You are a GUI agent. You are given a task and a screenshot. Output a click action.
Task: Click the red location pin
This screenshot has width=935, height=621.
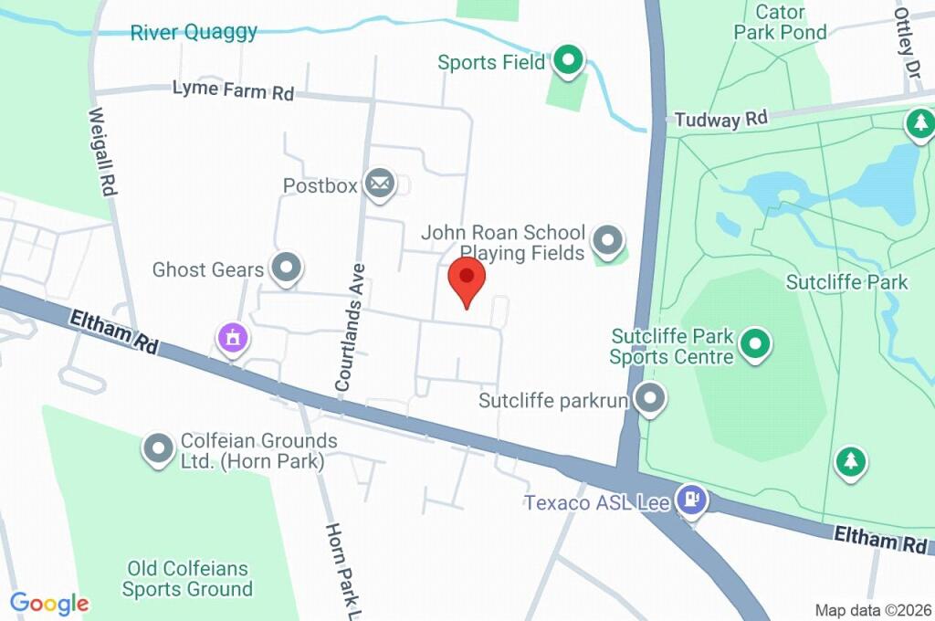(x=467, y=279)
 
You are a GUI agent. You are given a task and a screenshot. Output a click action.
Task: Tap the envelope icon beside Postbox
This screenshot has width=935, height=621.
(x=379, y=184)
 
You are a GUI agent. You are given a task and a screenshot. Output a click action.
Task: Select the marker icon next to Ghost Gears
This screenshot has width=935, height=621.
(x=288, y=268)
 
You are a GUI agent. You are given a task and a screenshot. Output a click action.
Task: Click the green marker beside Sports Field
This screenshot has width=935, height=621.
(x=569, y=62)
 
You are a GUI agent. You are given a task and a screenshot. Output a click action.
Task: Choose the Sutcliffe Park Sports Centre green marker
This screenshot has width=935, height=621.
(x=754, y=344)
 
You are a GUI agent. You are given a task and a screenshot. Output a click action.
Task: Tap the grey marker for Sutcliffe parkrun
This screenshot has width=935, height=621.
(x=650, y=398)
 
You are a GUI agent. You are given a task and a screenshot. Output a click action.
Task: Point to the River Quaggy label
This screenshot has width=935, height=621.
(x=194, y=33)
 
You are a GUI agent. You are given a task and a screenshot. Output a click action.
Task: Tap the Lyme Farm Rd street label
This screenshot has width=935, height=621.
(x=233, y=89)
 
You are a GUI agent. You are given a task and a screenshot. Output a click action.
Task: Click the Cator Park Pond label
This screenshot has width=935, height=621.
(x=780, y=23)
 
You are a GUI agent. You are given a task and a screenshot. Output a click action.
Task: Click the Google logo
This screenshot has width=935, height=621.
(x=49, y=603)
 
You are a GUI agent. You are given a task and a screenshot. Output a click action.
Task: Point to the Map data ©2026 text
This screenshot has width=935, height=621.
(x=871, y=609)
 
